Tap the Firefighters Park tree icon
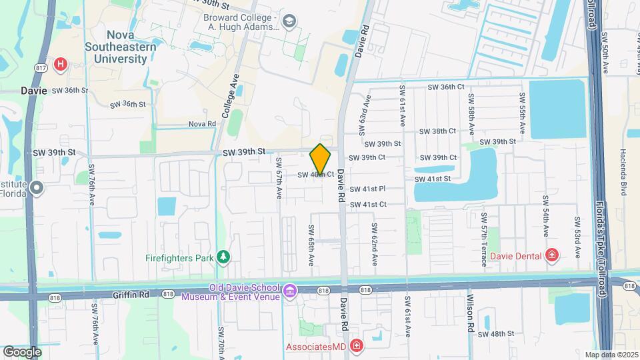point(225,257)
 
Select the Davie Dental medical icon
point(552,255)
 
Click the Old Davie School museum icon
point(289,291)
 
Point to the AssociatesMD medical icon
point(357,346)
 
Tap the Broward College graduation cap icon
point(289,22)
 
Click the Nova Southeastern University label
point(121,47)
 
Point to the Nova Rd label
point(202,124)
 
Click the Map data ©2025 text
point(610,355)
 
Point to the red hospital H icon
point(61,65)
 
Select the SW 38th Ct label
point(438,131)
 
